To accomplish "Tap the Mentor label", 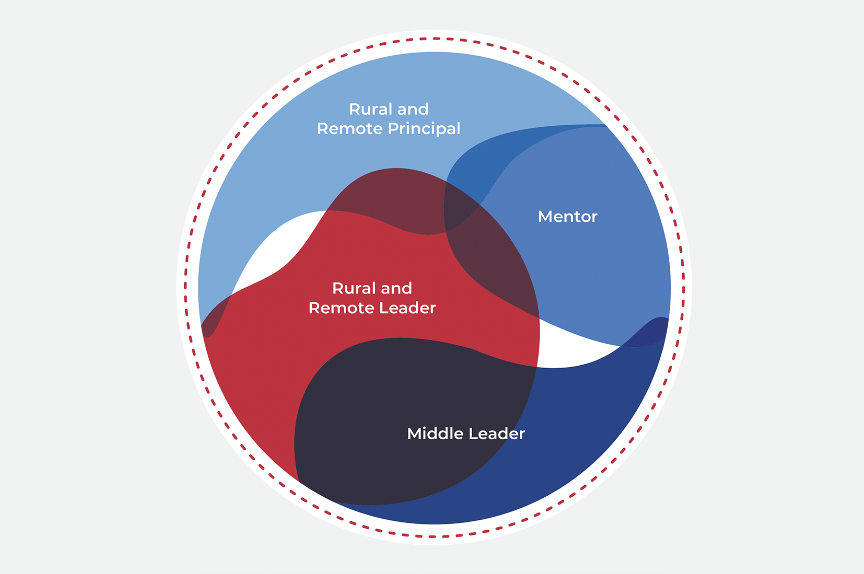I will coord(567,217).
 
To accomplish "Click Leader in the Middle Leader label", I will coord(497,434).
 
